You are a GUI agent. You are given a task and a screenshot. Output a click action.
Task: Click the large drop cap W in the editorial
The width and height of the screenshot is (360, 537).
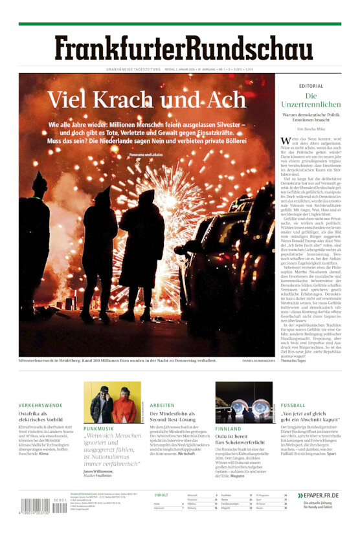coord(286,141)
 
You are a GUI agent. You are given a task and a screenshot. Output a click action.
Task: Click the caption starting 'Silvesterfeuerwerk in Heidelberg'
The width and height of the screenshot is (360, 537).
coord(109,360)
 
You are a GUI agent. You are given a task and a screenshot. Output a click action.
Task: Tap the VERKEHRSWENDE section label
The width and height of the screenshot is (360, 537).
coord(41,405)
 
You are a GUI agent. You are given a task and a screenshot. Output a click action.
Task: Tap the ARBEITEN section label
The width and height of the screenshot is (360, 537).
coord(162,405)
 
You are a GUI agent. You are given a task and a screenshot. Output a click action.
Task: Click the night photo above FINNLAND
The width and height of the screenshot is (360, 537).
coord(243,402)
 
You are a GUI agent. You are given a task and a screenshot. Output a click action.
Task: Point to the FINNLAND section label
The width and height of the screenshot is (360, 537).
coord(228,428)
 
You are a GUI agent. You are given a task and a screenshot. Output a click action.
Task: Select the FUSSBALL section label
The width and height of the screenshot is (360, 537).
coord(293,405)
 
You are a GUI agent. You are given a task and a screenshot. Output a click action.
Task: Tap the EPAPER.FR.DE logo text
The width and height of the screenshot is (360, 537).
coord(319,496)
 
